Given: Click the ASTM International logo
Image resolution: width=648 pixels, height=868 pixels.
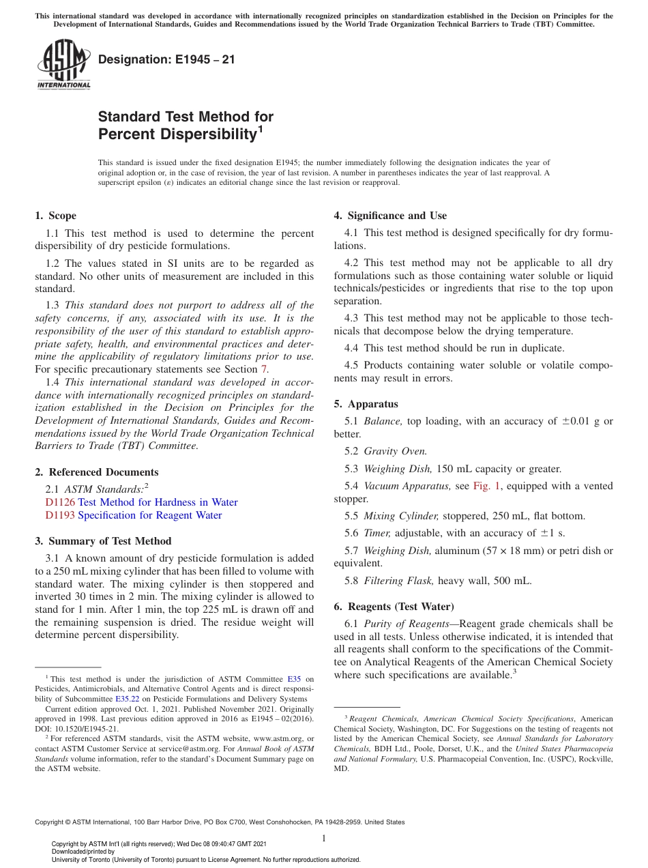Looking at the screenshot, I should (63, 65).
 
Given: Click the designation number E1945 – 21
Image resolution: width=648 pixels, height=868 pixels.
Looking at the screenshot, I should (166, 59).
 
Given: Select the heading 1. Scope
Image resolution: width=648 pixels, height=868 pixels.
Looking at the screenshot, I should (56, 216).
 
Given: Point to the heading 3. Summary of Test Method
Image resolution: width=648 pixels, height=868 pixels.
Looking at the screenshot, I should (103, 541).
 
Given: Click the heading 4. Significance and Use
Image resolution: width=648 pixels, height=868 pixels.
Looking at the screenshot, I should (390, 216).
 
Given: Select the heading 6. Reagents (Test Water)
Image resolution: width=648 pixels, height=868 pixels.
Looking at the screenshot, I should (394, 607).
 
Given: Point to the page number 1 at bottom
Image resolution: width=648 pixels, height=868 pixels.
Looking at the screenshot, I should (324, 839).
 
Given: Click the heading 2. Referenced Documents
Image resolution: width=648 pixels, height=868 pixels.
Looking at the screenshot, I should (97, 472).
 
